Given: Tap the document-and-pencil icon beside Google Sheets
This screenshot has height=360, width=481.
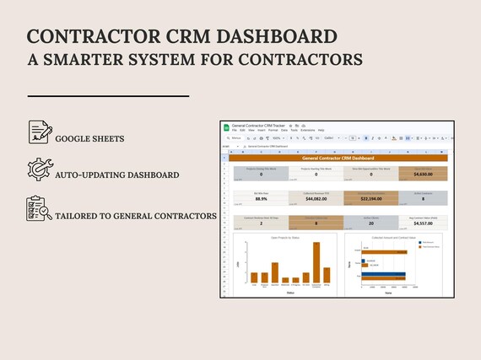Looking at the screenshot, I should pyautogui.click(x=40, y=132).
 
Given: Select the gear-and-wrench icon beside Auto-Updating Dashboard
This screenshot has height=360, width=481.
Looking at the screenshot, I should pyautogui.click(x=40, y=169).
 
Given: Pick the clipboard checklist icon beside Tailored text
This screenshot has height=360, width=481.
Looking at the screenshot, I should pyautogui.click(x=40, y=207).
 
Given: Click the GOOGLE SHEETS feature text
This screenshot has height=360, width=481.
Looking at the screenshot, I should pyautogui.click(x=90, y=138).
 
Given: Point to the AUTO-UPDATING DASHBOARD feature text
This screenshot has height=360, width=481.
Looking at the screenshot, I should pyautogui.click(x=117, y=175).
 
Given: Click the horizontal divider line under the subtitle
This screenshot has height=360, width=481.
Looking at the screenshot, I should pyautogui.click(x=108, y=97).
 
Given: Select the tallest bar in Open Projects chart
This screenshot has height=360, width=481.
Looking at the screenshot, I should pyautogui.click(x=316, y=262).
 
